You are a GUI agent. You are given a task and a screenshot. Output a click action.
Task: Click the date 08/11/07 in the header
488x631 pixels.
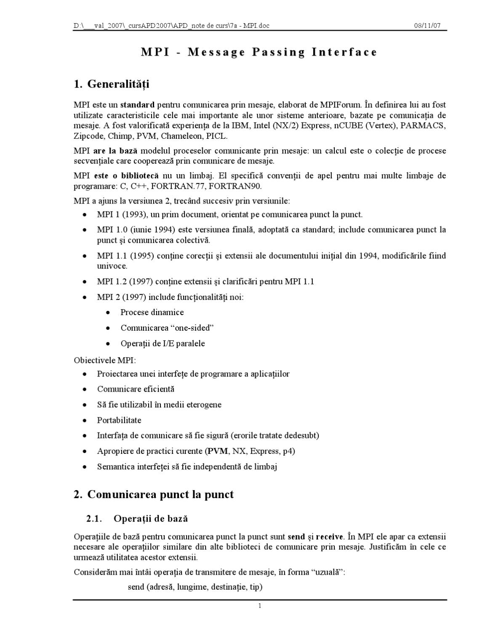(427, 26)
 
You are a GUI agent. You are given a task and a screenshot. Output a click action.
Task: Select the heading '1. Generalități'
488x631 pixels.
(111, 84)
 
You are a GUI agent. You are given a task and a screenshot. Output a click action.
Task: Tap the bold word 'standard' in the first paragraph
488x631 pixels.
(137, 105)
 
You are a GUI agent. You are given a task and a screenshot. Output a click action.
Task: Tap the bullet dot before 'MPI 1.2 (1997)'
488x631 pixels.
(85, 282)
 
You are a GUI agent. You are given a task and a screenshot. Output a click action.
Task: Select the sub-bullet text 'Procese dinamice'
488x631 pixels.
(152, 312)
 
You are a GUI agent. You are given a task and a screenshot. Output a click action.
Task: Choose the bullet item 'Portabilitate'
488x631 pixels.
(119, 420)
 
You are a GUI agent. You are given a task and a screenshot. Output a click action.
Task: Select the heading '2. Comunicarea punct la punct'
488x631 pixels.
(153, 494)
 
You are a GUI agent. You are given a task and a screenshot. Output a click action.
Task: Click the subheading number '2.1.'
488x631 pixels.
(94, 519)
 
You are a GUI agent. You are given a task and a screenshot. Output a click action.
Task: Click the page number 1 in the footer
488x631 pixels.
(260, 606)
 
